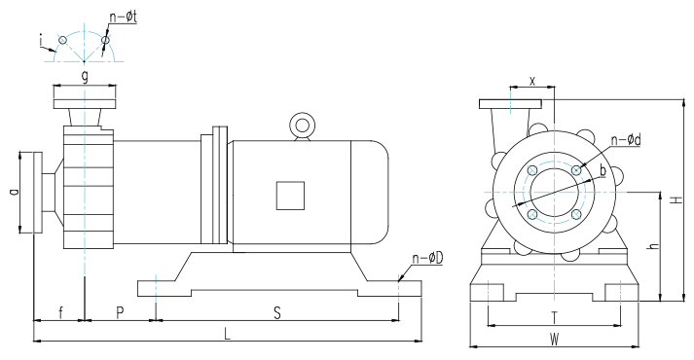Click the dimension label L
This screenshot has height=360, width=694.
227,333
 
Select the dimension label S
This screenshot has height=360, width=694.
277,313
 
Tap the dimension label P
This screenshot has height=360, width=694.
120,312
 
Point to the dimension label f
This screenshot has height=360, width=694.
60,312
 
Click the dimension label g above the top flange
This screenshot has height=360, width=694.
85,77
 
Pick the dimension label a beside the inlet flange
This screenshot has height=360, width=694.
14,192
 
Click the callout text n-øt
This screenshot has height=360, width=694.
124,17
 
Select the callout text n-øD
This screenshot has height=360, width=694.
427,258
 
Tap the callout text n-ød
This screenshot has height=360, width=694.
626,140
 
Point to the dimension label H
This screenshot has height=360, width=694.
676,199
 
